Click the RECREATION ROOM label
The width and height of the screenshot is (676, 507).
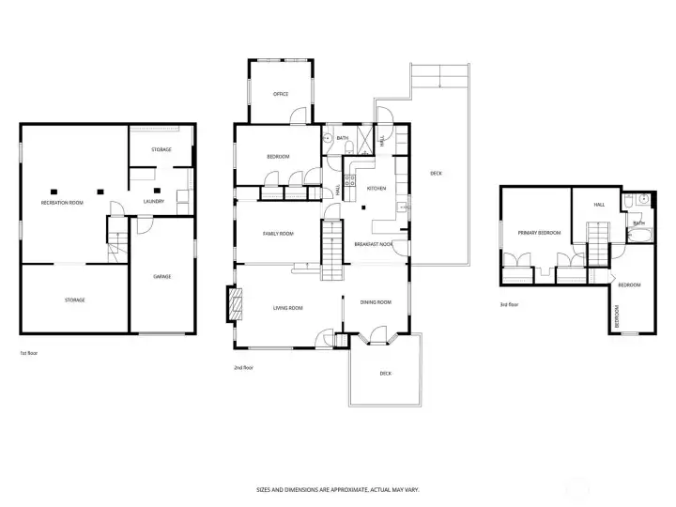62,203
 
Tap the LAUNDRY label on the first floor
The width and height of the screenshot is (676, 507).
154,201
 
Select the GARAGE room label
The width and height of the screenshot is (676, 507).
161,276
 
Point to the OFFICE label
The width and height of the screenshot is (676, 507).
280,94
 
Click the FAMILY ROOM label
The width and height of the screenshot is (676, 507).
278,233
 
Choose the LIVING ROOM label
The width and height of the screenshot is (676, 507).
287,307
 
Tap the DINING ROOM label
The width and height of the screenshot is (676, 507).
376,301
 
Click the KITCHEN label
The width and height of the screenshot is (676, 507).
376,189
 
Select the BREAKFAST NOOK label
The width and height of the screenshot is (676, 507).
373,243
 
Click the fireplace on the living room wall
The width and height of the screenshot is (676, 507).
234,304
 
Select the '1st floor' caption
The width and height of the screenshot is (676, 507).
30,353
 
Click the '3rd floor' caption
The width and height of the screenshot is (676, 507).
510,304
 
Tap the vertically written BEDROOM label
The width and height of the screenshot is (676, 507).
617,316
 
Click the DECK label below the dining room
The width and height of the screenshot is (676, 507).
385,373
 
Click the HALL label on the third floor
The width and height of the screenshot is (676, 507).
599,204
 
